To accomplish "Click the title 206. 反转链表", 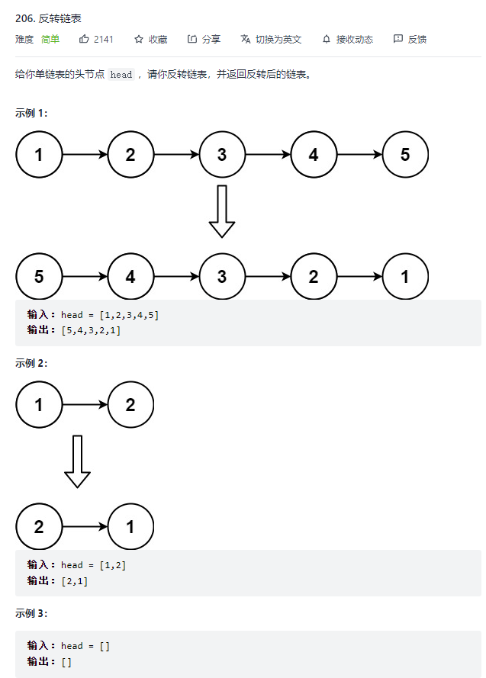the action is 48,18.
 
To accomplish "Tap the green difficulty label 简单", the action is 50,40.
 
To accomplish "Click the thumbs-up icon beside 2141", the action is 83,39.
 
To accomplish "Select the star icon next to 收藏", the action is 138,40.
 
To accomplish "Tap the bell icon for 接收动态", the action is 327,40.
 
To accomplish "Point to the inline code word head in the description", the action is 121,75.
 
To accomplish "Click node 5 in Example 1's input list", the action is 405,154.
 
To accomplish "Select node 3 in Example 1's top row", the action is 222,154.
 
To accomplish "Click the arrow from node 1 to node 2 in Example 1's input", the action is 85,154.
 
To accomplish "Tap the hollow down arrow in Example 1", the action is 222,211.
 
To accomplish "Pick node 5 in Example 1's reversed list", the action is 39,276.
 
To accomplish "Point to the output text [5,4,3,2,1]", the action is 91,330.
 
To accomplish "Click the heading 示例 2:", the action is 31,363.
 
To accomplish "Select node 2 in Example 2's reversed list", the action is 39,527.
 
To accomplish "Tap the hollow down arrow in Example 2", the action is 77,462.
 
